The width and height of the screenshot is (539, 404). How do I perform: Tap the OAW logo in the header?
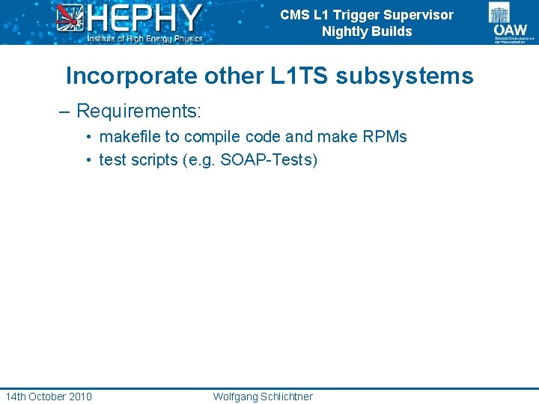tap(510, 22)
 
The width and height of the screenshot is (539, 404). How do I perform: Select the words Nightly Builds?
tap(367, 31)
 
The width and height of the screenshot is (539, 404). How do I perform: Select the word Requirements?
tap(138, 111)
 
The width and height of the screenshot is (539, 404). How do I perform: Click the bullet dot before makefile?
tap(88, 138)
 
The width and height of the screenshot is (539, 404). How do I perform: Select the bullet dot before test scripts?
tap(88, 160)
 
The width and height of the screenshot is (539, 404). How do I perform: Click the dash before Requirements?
tap(65, 112)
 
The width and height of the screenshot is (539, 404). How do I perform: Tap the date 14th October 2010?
tap(49, 396)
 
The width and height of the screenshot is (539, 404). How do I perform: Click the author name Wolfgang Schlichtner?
tap(263, 396)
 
